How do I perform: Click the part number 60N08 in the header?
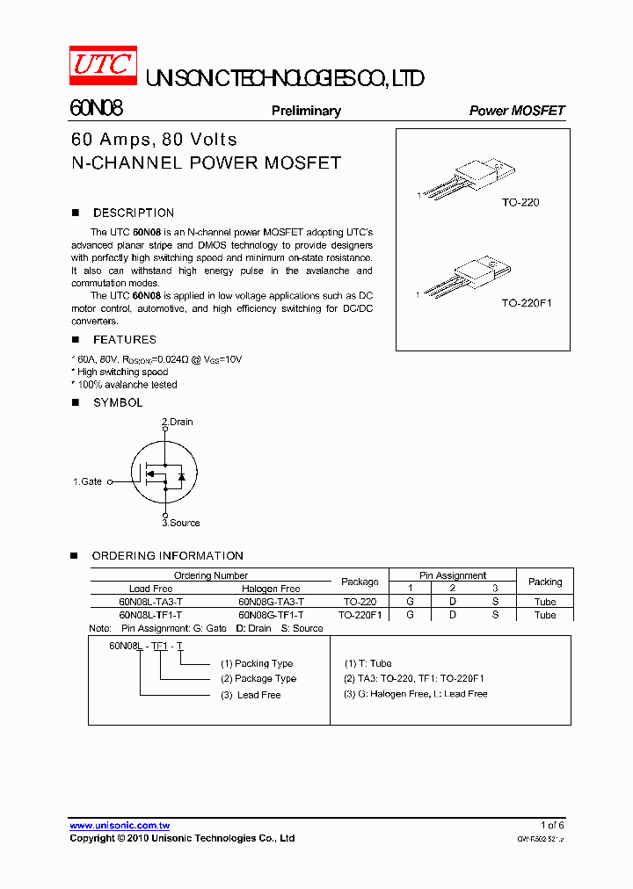pyautogui.click(x=96, y=109)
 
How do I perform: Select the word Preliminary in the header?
pyautogui.click(x=306, y=111)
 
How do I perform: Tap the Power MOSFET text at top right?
pyautogui.click(x=517, y=111)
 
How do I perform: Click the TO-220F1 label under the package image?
pyautogui.click(x=526, y=303)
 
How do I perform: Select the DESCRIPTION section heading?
pyautogui.click(x=133, y=213)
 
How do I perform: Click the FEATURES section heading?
pyautogui.click(x=124, y=339)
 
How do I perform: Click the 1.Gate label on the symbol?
pyautogui.click(x=87, y=481)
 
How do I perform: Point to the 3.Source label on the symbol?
pyautogui.click(x=180, y=523)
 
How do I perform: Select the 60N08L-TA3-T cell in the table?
pyautogui.click(x=150, y=602)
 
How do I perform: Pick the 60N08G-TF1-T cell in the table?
pyautogui.click(x=271, y=615)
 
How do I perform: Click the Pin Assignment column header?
pyautogui.click(x=452, y=575)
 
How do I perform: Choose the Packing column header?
pyautogui.click(x=545, y=582)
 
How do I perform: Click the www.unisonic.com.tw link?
pyautogui.click(x=120, y=825)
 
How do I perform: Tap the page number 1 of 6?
pyautogui.click(x=552, y=825)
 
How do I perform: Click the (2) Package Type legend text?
pyautogui.click(x=258, y=678)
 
